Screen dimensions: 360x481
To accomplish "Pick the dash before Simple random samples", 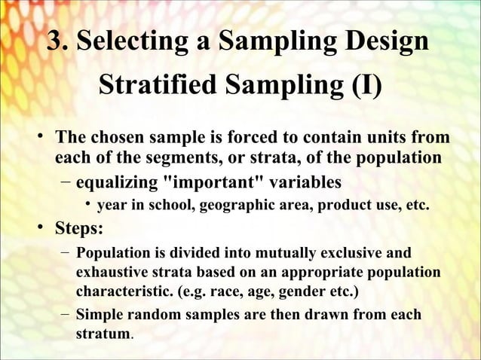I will (x=65, y=315).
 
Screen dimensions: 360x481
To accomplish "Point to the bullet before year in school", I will (x=88, y=205).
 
